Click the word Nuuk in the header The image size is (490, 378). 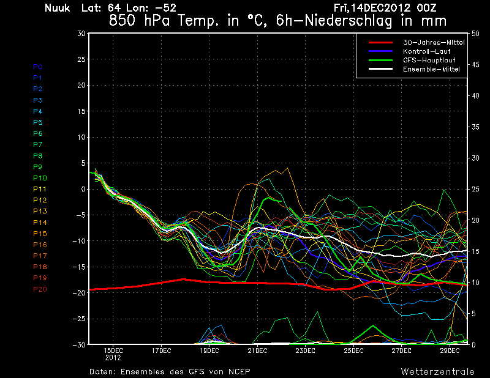tap(58, 8)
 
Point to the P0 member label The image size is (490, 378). tap(38, 67)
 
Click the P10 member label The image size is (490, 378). tap(40, 178)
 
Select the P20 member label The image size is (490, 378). tap(40, 289)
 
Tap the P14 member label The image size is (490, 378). tap(40, 223)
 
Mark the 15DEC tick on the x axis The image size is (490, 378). tap(113, 350)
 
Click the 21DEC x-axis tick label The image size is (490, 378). tap(257, 350)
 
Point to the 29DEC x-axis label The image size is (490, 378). tap(450, 350)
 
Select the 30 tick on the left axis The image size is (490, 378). tap(80, 34)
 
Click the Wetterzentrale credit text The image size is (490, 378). tap(437, 371)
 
